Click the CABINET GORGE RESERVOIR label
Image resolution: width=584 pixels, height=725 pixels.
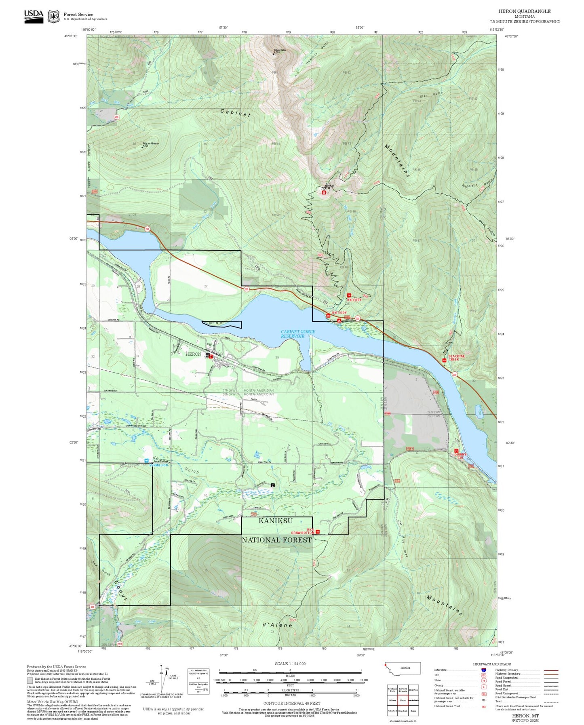click(298, 334)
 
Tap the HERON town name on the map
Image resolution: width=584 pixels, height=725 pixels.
click(193, 354)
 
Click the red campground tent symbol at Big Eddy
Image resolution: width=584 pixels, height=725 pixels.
click(339, 320)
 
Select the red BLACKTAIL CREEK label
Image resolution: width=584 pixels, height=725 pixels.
click(456, 358)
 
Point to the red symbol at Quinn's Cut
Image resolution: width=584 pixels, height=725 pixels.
click(456, 450)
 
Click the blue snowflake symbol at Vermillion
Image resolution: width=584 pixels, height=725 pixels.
click(146, 460)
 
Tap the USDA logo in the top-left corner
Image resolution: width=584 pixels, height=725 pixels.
click(34, 16)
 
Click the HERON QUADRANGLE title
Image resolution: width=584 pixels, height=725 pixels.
click(524, 11)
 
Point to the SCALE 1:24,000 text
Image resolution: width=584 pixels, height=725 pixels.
click(290, 664)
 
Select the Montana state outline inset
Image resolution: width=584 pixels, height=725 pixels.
click(403, 668)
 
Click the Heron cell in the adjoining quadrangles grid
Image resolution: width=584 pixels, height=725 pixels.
click(403, 700)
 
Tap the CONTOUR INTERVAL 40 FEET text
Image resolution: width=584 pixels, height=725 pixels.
click(291, 704)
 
